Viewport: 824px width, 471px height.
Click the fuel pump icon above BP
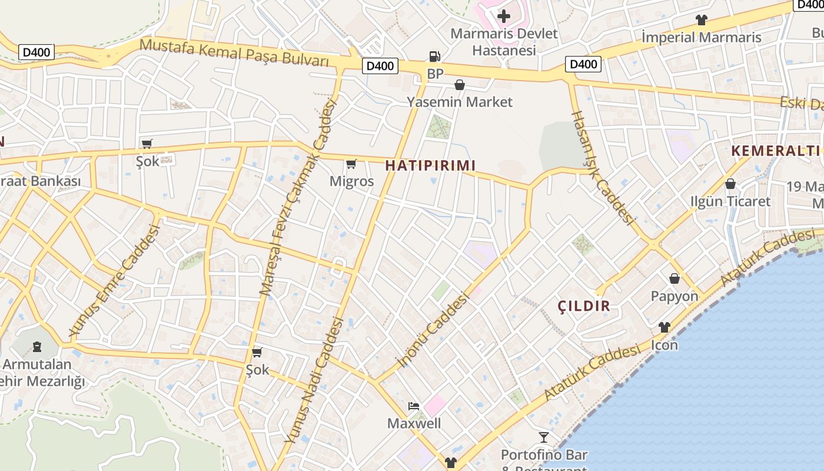click(434, 57)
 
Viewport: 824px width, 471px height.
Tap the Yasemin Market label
click(460, 102)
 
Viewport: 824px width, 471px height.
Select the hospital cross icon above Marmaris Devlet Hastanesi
click(504, 16)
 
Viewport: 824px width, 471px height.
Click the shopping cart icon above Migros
click(351, 164)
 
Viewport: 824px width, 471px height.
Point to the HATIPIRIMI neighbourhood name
click(430, 165)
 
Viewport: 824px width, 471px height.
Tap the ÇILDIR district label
click(584, 306)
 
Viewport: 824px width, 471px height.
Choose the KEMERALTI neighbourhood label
click(776, 151)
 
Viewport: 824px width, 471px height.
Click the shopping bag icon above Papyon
click(675, 278)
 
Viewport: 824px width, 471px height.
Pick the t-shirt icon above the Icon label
click(664, 327)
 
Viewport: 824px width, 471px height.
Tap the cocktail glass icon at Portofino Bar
click(544, 437)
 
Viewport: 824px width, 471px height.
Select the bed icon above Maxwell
click(414, 406)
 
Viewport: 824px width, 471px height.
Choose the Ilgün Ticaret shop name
click(730, 201)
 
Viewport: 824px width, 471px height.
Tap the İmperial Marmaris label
click(701, 38)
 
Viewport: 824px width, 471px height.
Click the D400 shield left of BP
click(380, 66)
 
